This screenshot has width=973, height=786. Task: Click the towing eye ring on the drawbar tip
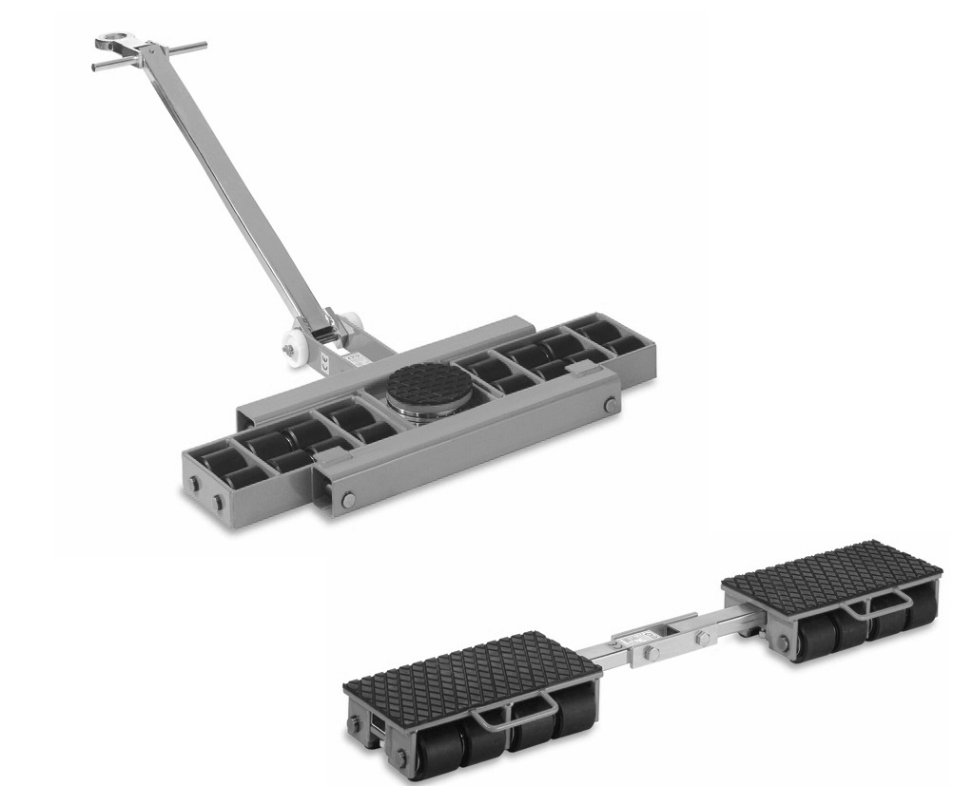tap(111, 42)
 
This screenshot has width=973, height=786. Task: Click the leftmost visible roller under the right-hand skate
tap(794, 641)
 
